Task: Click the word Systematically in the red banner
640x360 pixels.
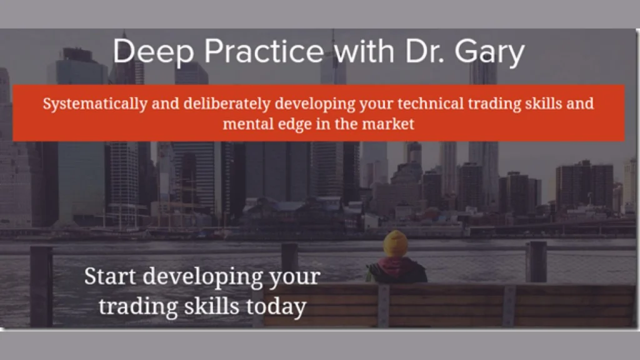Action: click(x=95, y=104)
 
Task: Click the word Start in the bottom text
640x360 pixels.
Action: click(x=109, y=276)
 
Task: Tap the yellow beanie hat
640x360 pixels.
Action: click(x=395, y=243)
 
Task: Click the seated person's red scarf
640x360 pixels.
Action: click(x=394, y=265)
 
